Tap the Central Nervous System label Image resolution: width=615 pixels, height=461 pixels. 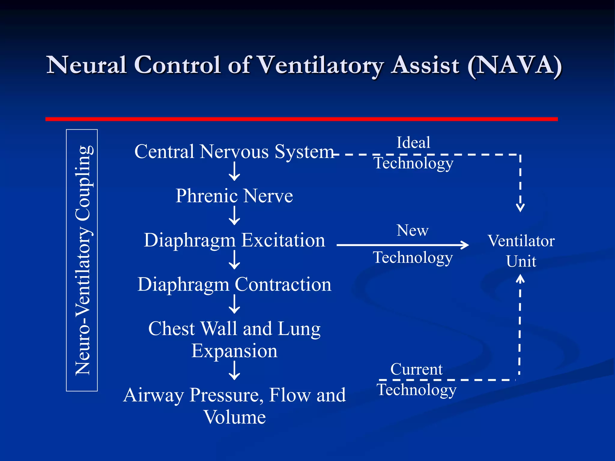[x=234, y=152]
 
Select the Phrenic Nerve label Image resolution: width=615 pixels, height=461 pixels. [x=234, y=196]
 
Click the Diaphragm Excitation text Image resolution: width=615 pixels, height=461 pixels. [x=234, y=240]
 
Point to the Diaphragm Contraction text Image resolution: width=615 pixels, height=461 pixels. [x=234, y=285]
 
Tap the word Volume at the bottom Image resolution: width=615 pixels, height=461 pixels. [x=235, y=417]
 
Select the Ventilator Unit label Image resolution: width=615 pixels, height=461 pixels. [x=521, y=251]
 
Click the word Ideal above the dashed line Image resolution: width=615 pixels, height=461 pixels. [x=413, y=143]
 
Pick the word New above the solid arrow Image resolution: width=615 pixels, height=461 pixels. [x=413, y=230]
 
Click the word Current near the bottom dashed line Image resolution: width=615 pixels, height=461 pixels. [x=416, y=369]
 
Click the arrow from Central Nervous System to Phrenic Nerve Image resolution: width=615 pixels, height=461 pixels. [x=234, y=172]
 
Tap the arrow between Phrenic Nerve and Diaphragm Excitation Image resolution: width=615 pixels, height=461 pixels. [x=234, y=216]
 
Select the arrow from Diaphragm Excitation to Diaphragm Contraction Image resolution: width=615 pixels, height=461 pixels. [x=234, y=260]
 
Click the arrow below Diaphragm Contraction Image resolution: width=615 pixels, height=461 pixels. [x=234, y=304]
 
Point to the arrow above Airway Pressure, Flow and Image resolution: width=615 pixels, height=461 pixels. [x=234, y=371]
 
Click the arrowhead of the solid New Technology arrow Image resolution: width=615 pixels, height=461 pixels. [x=465, y=245]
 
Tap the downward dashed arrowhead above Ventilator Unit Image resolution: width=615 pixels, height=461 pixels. [x=520, y=207]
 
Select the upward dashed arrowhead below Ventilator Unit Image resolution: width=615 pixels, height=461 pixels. [x=520, y=279]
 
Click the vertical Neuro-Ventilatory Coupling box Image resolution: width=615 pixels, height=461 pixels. [x=82, y=260]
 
